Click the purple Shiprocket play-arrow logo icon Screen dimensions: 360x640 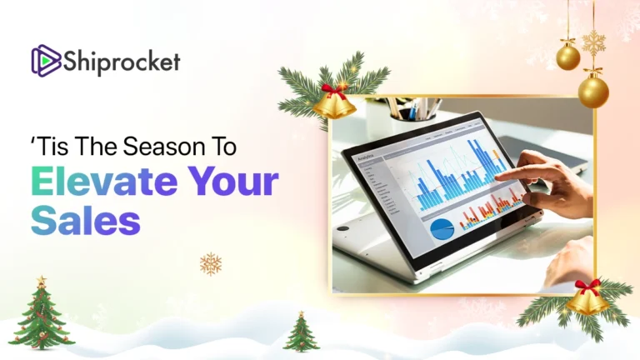(46, 61)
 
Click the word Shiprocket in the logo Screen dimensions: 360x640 (121, 62)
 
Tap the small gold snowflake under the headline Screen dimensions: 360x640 (211, 263)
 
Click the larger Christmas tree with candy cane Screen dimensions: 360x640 (41, 317)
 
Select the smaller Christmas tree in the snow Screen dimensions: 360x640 (301, 332)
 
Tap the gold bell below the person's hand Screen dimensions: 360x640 (587, 299)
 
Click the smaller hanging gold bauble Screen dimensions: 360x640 (568, 57)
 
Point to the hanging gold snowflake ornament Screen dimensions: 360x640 (594, 42)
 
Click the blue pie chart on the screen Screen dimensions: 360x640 (442, 227)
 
